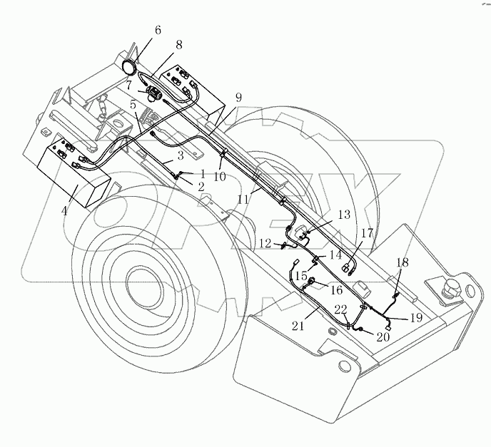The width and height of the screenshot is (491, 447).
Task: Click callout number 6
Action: point(157,31)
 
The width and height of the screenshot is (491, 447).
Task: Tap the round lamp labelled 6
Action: point(131,68)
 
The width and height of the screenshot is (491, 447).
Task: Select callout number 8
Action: point(178,45)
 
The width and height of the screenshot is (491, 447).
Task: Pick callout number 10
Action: point(221,176)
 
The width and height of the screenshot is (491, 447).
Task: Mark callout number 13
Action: point(344,215)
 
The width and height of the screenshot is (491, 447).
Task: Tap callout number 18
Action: point(403,262)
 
